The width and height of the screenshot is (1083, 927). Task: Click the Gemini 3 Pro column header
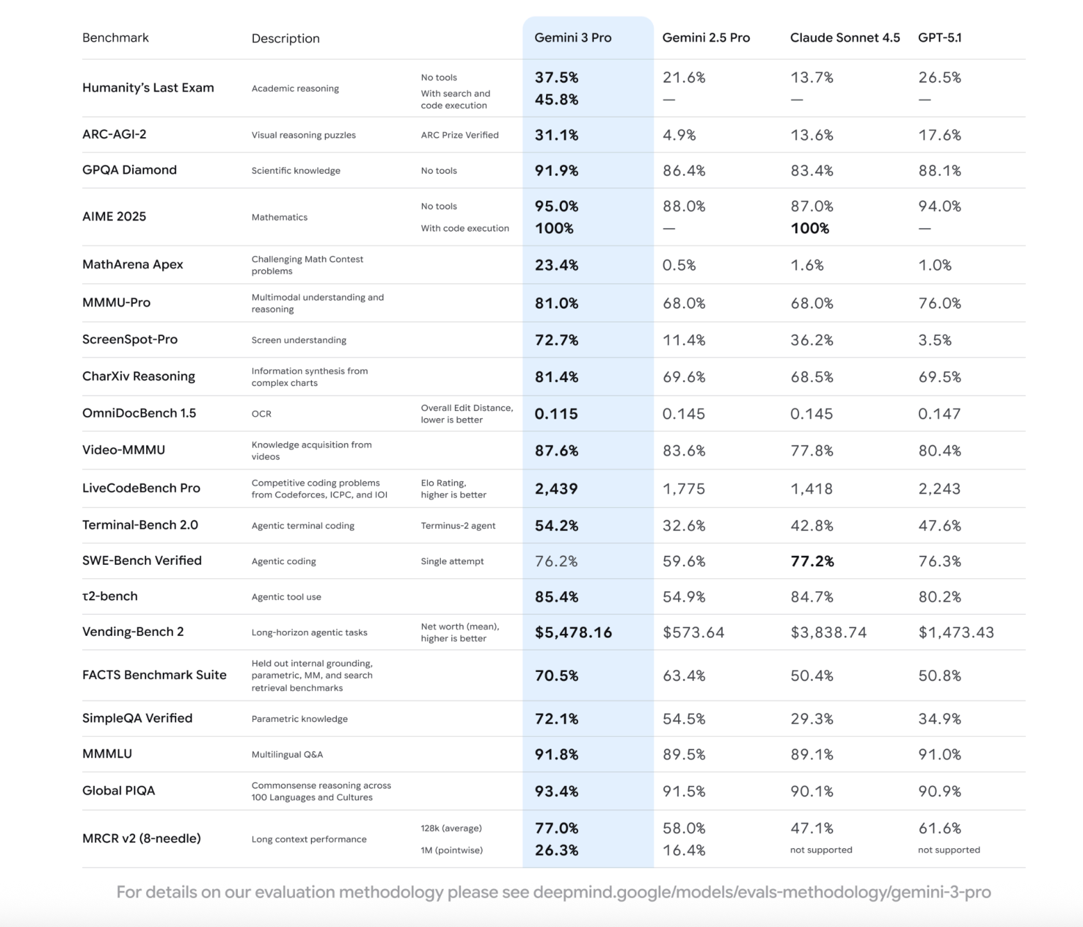click(x=573, y=38)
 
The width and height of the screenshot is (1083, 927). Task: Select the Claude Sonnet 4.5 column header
click(x=845, y=38)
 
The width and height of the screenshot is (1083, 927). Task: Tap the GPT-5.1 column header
click(x=939, y=38)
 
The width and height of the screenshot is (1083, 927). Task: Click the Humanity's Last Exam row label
click(x=148, y=88)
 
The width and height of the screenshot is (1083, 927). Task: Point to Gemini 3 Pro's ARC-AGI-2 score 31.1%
click(x=556, y=135)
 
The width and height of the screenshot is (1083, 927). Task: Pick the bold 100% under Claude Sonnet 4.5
click(x=809, y=228)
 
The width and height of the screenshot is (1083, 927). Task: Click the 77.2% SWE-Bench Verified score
click(x=812, y=562)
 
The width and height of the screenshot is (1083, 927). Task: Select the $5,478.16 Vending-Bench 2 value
click(x=573, y=633)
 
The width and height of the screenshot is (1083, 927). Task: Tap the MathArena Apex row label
click(x=133, y=265)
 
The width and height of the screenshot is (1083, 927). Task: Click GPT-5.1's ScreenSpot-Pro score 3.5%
click(x=934, y=340)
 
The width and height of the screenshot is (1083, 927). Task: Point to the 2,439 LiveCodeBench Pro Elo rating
click(x=556, y=489)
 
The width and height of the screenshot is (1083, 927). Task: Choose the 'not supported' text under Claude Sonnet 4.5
click(x=821, y=850)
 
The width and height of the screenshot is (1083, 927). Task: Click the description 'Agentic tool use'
click(x=286, y=597)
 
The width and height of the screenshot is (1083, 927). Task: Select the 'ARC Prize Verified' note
click(x=459, y=135)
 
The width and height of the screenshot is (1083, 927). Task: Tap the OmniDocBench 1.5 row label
click(x=139, y=413)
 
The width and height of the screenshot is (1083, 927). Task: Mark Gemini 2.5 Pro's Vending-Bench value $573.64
click(x=693, y=633)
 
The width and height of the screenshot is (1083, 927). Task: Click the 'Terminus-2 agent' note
click(x=458, y=526)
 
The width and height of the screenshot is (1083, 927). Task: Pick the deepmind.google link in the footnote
click(x=762, y=892)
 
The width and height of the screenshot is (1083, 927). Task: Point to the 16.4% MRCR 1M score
click(x=684, y=851)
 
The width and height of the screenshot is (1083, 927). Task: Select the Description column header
click(x=285, y=38)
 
